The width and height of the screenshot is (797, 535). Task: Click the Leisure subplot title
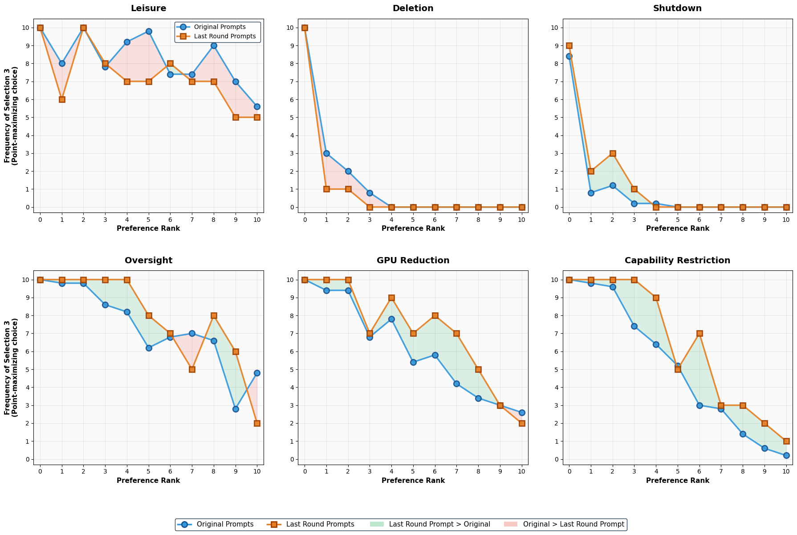click(x=148, y=8)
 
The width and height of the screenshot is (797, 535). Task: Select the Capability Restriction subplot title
click(x=677, y=261)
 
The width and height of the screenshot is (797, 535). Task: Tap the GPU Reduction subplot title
click(x=413, y=261)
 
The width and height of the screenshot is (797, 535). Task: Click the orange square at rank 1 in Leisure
click(x=62, y=99)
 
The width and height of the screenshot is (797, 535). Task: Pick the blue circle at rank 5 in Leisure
click(x=149, y=31)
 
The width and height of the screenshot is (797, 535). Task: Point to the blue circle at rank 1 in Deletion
click(x=326, y=153)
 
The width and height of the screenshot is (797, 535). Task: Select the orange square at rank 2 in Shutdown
click(x=613, y=153)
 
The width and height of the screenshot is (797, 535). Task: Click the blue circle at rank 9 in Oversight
click(x=236, y=409)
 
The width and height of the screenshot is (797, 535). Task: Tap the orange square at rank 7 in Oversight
click(x=192, y=369)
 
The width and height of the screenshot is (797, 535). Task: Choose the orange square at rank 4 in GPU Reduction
click(x=391, y=298)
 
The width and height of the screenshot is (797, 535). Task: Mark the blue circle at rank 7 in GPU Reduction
click(x=456, y=384)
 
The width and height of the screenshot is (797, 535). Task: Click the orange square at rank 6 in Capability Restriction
click(x=699, y=333)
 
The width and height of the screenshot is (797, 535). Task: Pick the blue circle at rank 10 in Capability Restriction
click(x=786, y=455)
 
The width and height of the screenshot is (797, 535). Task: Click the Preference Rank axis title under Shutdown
click(x=677, y=229)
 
